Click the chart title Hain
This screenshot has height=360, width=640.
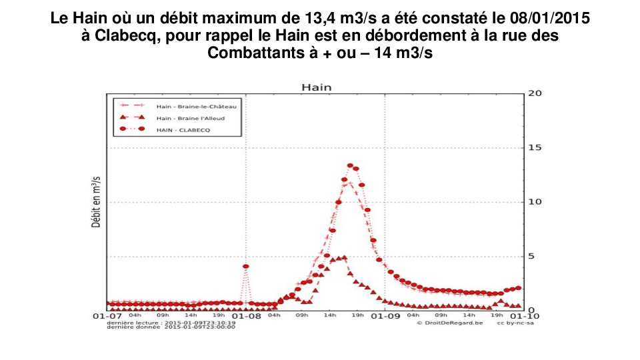(x=316, y=87)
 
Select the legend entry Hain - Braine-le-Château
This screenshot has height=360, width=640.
(x=197, y=106)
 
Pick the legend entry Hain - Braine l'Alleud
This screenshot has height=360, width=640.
(x=190, y=118)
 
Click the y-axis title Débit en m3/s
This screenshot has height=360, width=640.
(x=96, y=202)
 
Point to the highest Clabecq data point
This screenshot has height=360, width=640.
(x=350, y=165)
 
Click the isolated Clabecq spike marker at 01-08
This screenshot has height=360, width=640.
(x=245, y=266)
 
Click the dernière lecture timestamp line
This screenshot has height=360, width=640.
(x=171, y=323)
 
